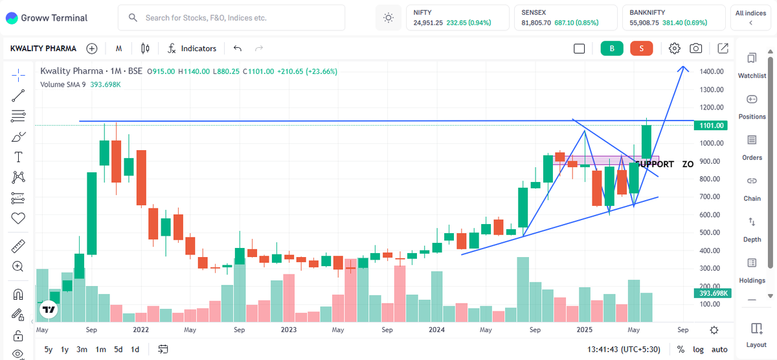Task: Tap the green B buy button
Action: pos(611,48)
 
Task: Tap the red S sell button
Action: pos(641,48)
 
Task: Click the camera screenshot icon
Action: pos(696,48)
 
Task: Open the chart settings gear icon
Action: pos(675,48)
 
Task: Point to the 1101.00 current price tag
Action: pos(711,125)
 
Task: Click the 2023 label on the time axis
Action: pos(289,330)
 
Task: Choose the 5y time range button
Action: pos(49,350)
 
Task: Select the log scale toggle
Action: pos(698,350)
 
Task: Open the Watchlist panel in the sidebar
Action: pos(752,65)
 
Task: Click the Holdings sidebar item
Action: pos(752,270)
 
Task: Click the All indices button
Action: pos(750,17)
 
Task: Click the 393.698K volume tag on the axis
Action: pos(711,293)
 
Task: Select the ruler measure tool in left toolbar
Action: pos(18,246)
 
